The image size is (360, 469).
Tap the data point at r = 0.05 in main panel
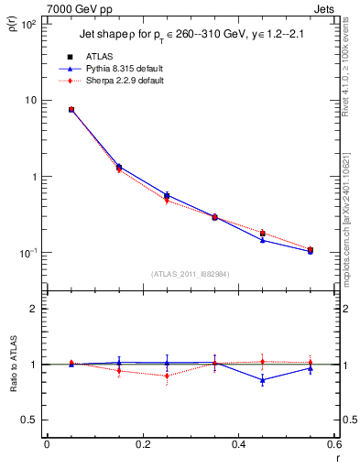click(71, 109)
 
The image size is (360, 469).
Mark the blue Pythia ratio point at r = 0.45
click(262, 380)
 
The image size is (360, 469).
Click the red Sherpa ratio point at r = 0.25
click(167, 376)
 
